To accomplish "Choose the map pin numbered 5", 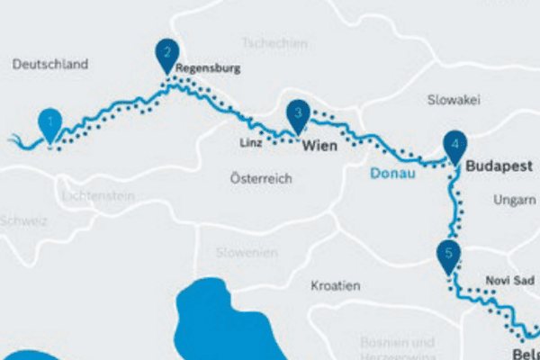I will (447, 255).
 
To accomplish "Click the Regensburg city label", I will (208, 68).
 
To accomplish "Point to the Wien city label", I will (319, 144).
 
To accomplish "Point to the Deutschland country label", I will (51, 64).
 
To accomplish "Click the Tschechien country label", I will (274, 43).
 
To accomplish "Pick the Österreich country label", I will (261, 178).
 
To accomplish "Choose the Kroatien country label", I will (335, 285).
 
